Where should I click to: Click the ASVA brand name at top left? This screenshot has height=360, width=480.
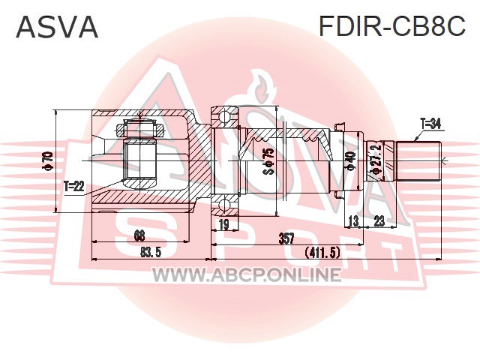57,27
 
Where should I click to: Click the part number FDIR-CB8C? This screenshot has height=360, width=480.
392,26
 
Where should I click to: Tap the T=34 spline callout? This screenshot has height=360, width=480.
430,124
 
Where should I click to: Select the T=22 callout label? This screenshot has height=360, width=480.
73,186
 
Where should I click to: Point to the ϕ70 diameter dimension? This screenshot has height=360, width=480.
49,160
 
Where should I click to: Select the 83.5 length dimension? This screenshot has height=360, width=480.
151,253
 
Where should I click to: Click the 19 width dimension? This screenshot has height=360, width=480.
224,225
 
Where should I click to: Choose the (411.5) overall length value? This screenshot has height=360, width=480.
322,253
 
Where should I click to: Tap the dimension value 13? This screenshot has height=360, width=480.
353,221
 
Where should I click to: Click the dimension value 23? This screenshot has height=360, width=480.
379,221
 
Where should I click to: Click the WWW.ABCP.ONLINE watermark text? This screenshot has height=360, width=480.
247,274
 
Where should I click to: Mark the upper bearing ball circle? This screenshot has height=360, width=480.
225,117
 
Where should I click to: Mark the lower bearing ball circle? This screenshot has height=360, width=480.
225,205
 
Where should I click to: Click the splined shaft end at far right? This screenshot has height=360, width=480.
418,161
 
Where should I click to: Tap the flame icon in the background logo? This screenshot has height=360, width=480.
261,87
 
